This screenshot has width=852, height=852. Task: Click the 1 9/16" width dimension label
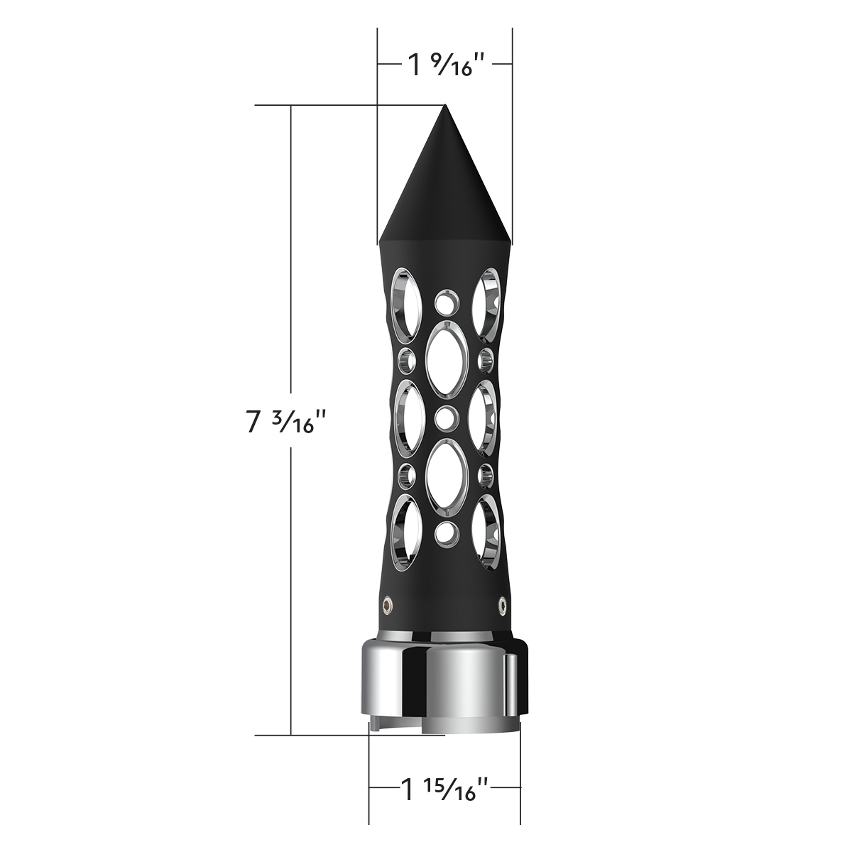(445, 65)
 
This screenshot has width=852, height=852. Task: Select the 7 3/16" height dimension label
(286, 422)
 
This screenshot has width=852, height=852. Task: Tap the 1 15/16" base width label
(444, 789)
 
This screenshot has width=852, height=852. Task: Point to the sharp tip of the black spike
(445, 106)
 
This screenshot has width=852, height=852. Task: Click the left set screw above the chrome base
(388, 603)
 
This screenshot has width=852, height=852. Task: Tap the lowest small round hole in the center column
(445, 530)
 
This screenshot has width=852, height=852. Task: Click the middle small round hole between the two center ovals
(445, 417)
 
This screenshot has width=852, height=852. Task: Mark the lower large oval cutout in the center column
(445, 474)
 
